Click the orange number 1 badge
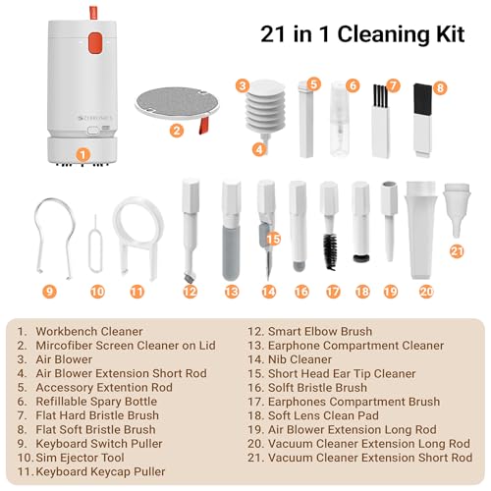click(x=83, y=153)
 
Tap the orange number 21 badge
click(x=457, y=251)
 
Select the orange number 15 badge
click(x=274, y=238)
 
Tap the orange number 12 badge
click(x=191, y=292)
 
